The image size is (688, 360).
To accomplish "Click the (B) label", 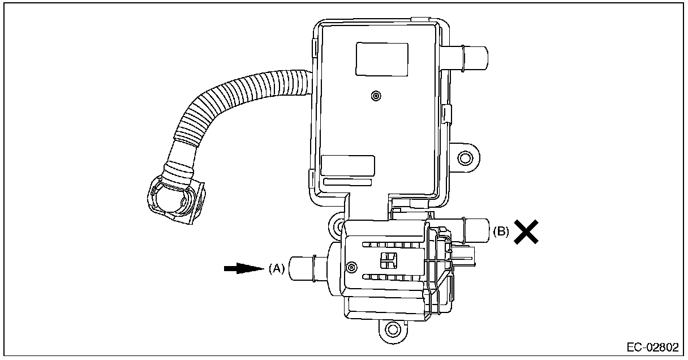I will (x=501, y=231).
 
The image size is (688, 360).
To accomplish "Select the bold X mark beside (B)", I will (x=526, y=232).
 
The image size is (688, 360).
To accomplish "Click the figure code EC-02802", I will (x=652, y=347).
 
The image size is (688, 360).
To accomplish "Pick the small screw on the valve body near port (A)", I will (x=351, y=267).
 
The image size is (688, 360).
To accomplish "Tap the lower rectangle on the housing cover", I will (x=347, y=165).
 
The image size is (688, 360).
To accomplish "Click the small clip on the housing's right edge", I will (x=447, y=112).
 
